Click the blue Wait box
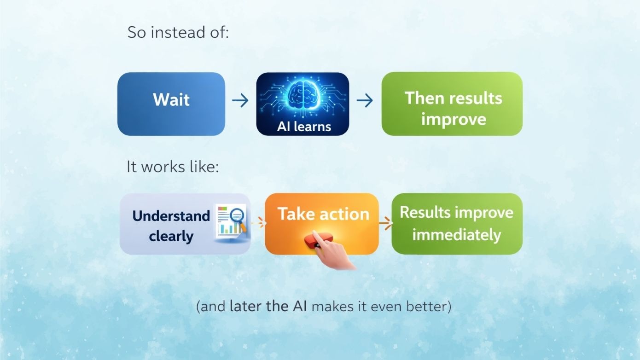pos(171,104)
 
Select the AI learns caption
pos(304,127)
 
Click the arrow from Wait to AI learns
pos(240,100)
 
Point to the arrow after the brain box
pos(365,100)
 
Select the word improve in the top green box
pos(453,119)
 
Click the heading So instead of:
pos(178,33)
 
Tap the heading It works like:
pos(172,167)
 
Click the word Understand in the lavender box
pos(171,215)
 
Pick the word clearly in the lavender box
pos(171,236)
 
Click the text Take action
pos(323,214)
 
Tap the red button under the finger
pos(318,241)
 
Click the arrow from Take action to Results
pos(385,224)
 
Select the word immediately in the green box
pos(456,235)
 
